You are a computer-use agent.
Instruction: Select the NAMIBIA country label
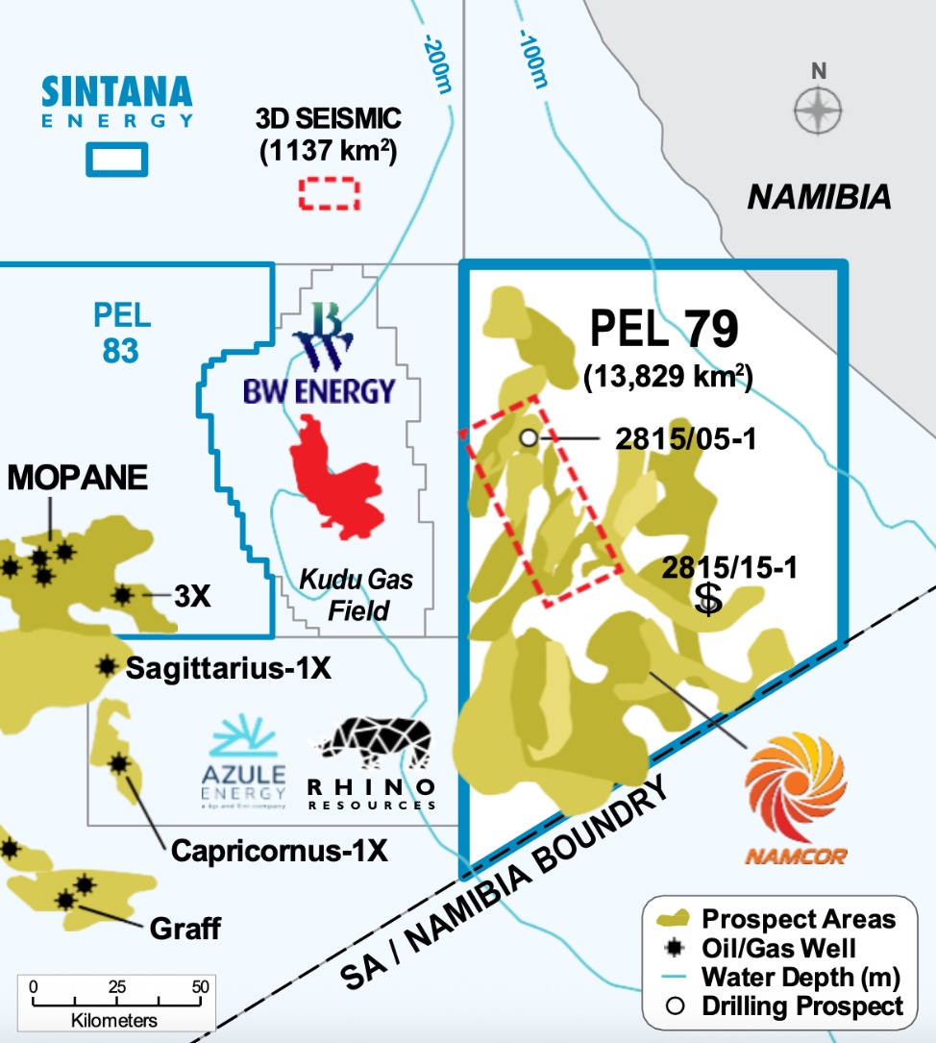click(819, 198)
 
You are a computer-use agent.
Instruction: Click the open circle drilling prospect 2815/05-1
click(528, 438)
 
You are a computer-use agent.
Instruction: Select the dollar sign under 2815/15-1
click(708, 598)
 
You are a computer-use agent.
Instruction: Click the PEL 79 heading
click(663, 330)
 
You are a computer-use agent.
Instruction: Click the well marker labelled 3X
click(122, 595)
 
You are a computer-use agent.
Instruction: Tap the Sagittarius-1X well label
click(229, 667)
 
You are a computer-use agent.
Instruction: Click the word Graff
click(185, 929)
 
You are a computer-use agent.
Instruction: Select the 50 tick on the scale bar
click(200, 987)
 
